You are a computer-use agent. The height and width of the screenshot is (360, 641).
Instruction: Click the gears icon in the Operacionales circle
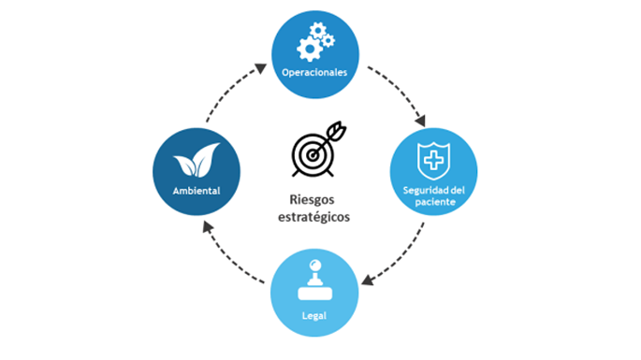[315, 41]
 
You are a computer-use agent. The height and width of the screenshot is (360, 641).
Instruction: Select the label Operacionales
[315, 71]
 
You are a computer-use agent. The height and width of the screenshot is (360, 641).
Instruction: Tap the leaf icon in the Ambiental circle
[196, 165]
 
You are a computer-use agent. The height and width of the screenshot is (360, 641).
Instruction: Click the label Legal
[315, 315]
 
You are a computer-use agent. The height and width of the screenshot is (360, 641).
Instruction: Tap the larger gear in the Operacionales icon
[308, 46]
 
